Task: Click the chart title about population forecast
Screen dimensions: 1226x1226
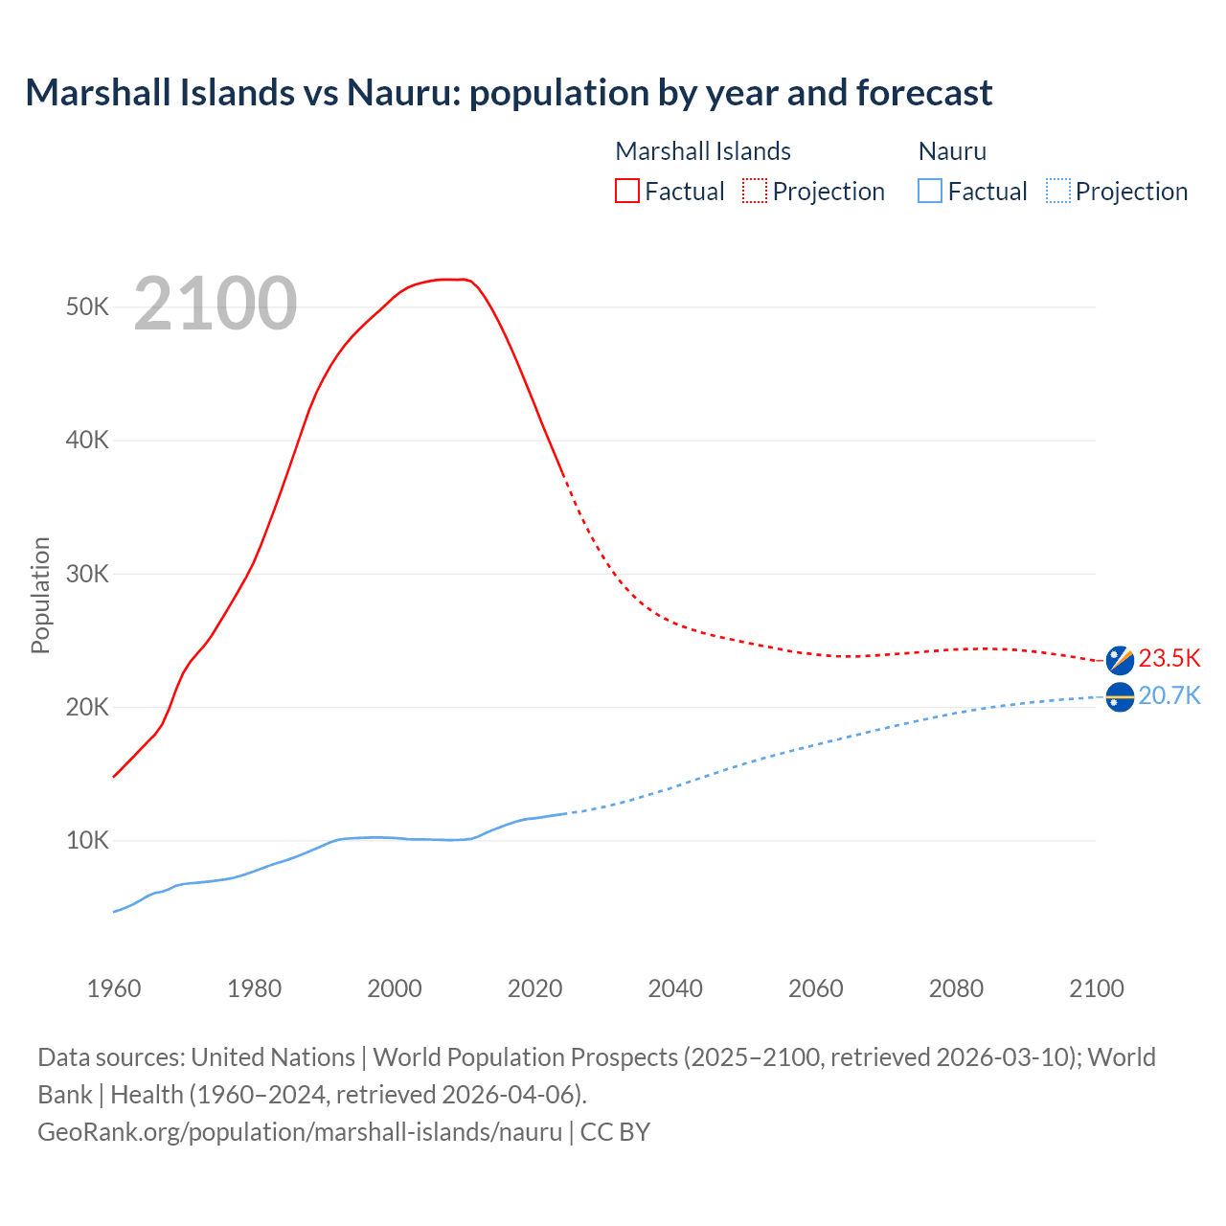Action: coord(509,93)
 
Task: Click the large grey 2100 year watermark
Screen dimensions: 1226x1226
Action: coord(216,304)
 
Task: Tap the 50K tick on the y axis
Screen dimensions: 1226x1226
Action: coord(88,307)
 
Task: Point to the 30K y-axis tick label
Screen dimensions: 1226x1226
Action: coord(88,575)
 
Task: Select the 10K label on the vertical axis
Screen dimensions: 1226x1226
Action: coord(88,841)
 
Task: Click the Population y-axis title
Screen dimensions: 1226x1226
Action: coord(40,595)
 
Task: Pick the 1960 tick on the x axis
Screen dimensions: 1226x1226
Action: coord(114,988)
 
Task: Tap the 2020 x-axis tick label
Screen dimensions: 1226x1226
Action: coord(534,988)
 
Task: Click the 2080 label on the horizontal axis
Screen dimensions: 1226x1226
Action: coord(956,988)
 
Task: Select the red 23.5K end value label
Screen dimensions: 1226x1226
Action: coord(1169,659)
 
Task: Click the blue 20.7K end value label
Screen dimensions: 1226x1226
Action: coord(1169,696)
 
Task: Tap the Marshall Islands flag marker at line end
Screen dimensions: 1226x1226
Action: coord(1120,660)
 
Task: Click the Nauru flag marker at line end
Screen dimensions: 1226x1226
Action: coord(1120,697)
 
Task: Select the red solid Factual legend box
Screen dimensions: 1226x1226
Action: coord(627,192)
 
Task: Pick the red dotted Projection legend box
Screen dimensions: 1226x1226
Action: coord(755,192)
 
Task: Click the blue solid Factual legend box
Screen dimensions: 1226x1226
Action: coord(930,192)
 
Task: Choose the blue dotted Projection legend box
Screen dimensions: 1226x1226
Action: coord(1058,192)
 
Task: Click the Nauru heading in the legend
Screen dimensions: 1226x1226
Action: coord(952,151)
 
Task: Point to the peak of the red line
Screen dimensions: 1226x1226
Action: coord(450,280)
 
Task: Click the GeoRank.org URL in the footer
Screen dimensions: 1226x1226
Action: coord(300,1132)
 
